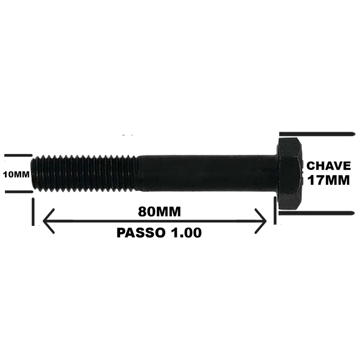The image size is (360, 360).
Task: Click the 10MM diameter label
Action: coord(16,175)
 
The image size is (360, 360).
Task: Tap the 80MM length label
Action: coord(159,211)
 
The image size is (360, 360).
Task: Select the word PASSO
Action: coord(141,233)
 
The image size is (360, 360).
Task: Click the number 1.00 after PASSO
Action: coord(186,233)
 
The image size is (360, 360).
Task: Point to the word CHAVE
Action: coord(328,166)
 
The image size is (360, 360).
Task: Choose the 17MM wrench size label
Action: coord(328,180)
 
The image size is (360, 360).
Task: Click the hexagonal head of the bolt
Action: coord(290,174)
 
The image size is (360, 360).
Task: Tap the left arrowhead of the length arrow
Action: coord(49,221)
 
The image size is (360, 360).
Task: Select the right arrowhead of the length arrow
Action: coord(261,221)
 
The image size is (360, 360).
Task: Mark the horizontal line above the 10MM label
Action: coord(18,155)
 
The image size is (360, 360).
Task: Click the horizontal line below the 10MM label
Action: coord(19,192)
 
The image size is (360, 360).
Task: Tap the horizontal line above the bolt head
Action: coord(317,134)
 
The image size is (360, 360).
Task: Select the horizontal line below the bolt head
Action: coord(317,213)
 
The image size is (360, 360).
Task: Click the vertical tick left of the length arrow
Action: coord(33,211)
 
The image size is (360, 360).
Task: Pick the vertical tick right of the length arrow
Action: coord(275,210)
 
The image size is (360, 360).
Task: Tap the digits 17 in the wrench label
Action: coord(316,180)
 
